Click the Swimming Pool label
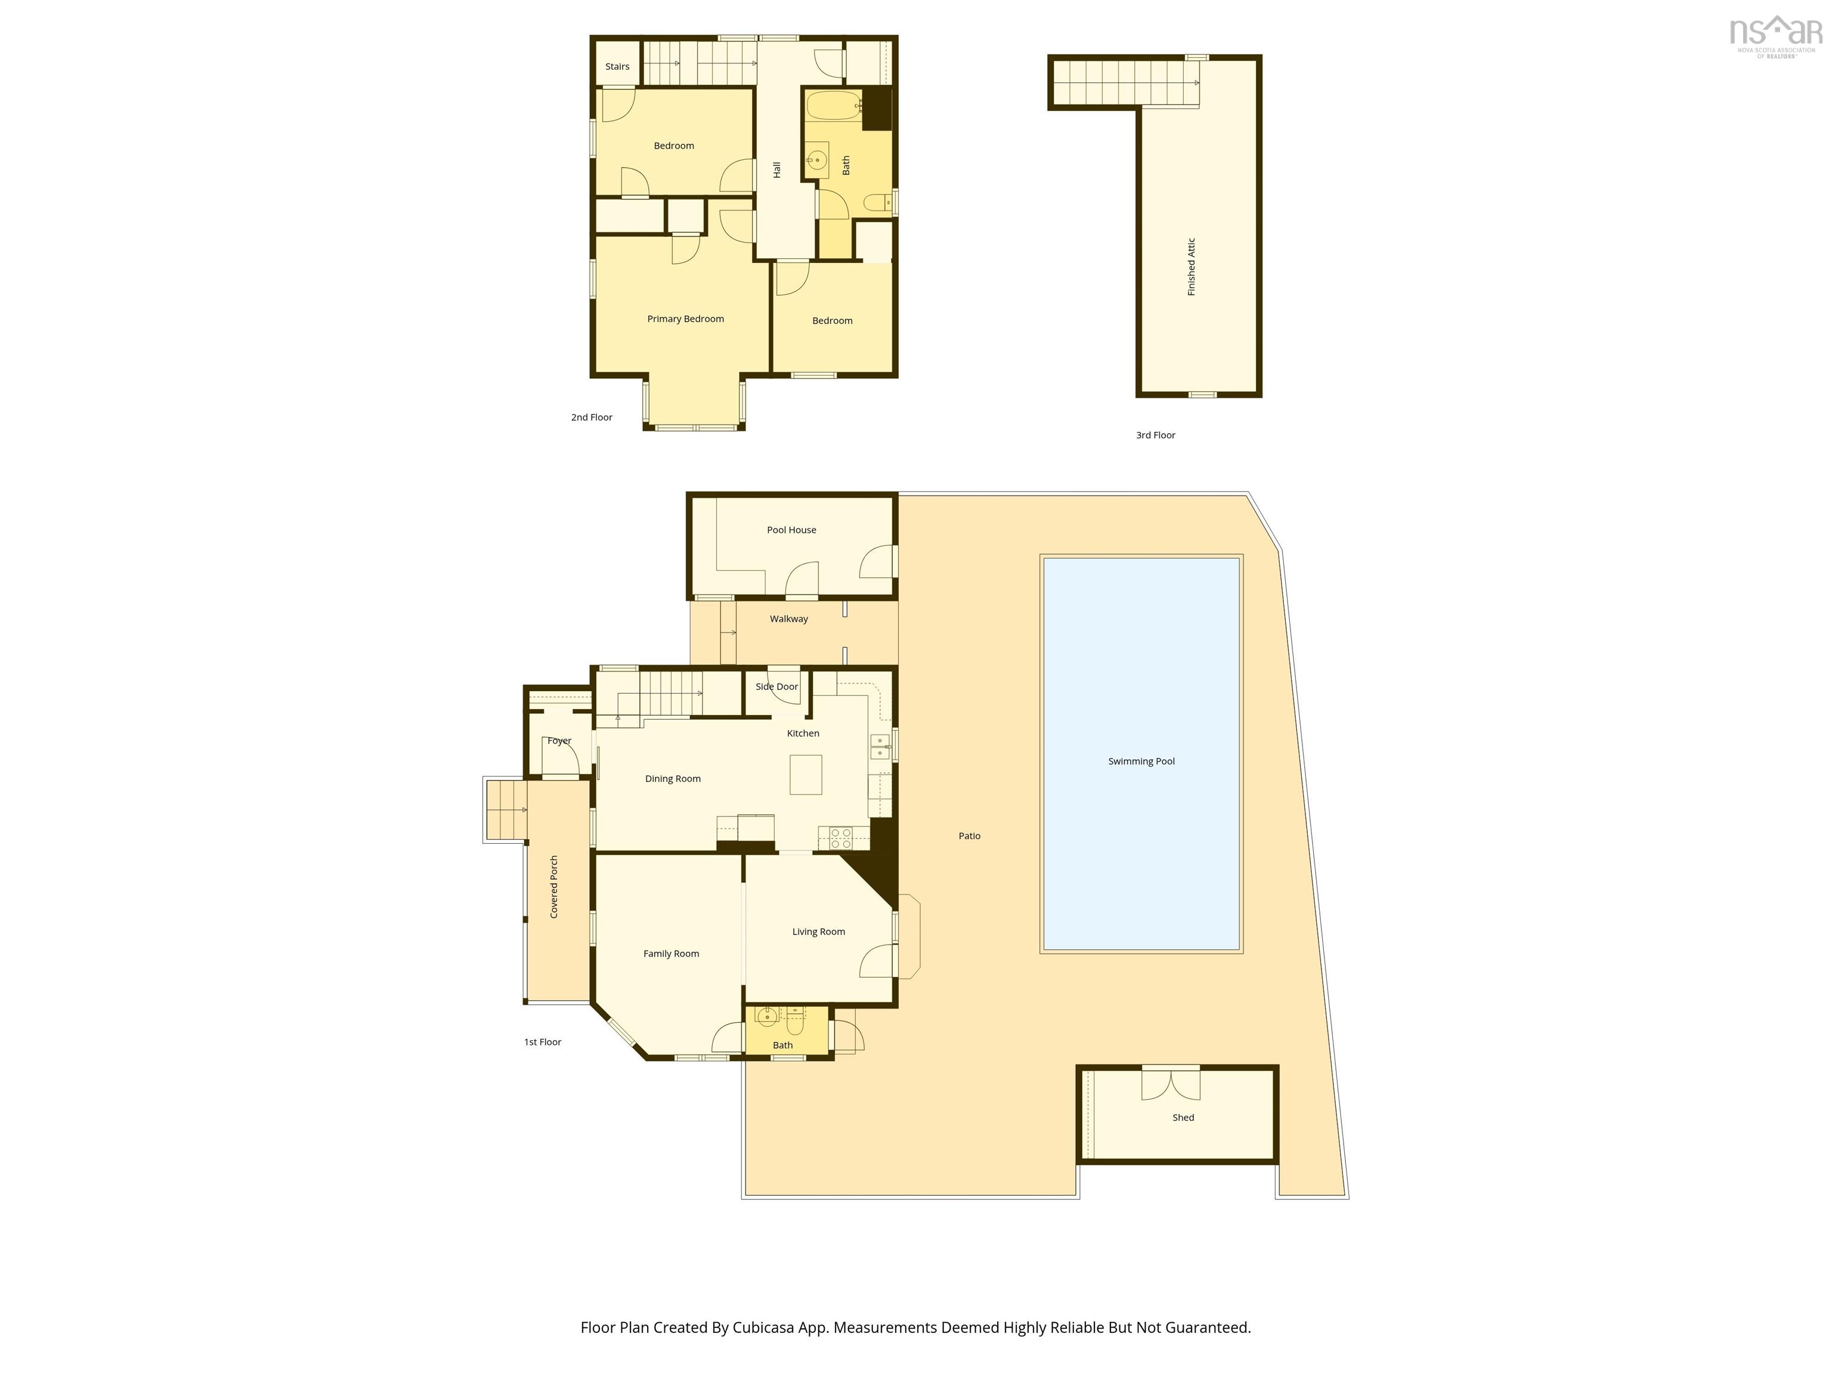click(1141, 761)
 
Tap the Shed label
click(1183, 1117)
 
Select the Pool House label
click(791, 530)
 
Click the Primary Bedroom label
click(685, 319)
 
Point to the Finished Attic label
click(1191, 267)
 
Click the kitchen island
click(805, 775)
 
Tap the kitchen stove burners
click(841, 838)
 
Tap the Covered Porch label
click(554, 886)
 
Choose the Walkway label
click(788, 618)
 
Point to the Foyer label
click(559, 741)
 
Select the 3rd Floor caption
click(1155, 435)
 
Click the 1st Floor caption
click(543, 1042)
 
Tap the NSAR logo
click(1776, 36)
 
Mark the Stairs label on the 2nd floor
click(617, 66)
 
